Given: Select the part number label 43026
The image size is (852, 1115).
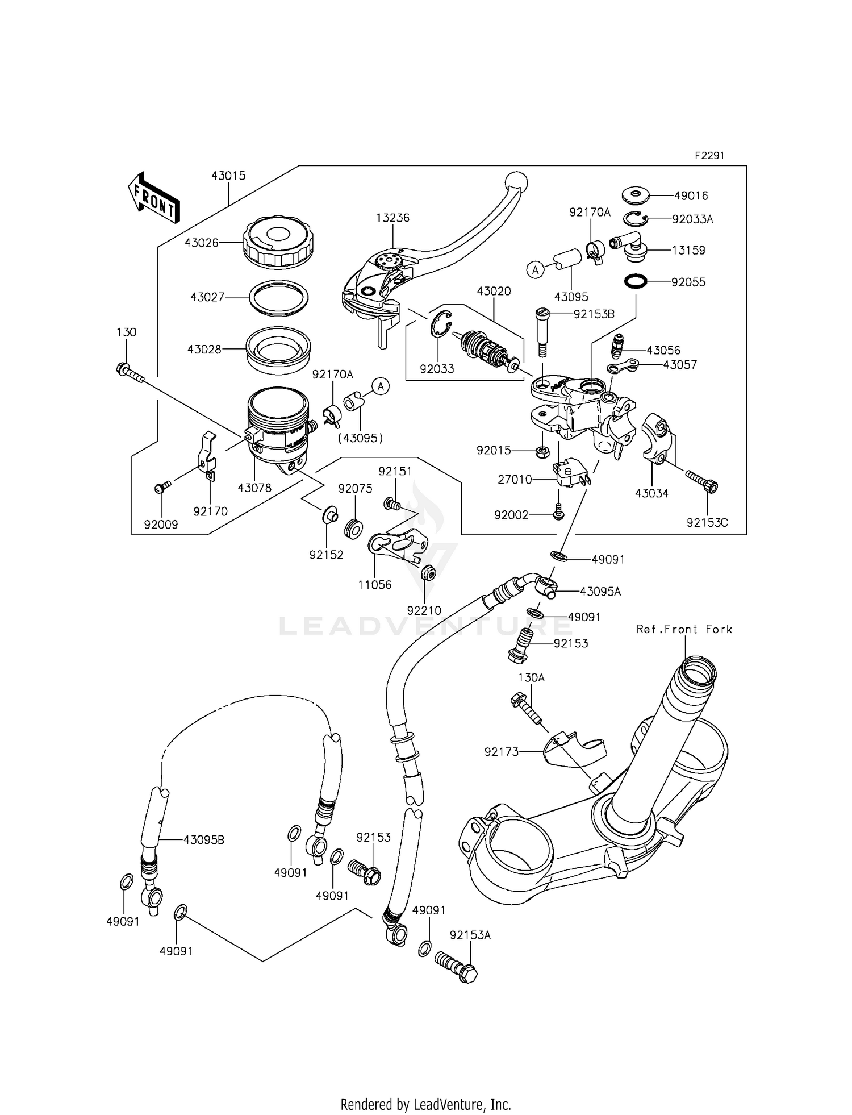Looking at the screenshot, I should point(201,243).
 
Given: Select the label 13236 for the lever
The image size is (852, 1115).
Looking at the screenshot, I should point(392,218).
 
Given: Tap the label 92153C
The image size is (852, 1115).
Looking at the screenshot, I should point(707,523).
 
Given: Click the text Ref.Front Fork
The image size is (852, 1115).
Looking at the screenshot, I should point(684,629).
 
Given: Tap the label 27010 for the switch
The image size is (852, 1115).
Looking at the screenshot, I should point(515,480).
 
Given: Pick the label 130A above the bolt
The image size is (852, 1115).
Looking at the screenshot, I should point(531,677).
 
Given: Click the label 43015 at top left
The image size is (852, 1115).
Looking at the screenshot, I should point(228,176).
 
